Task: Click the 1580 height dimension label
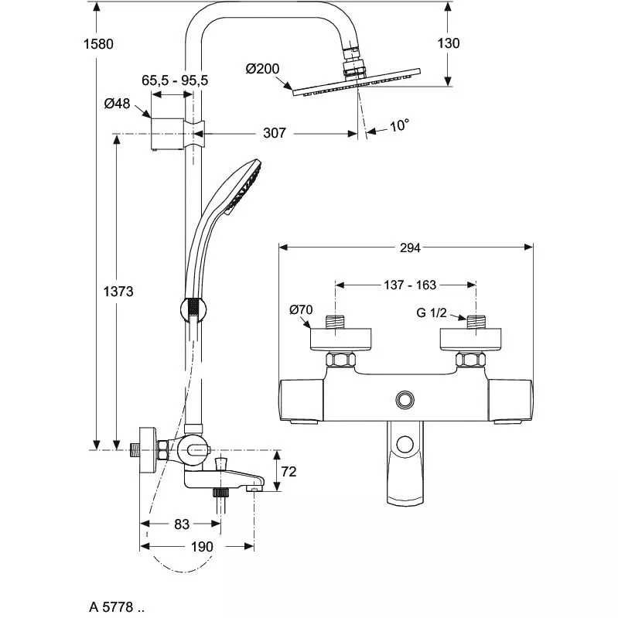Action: tap(100, 44)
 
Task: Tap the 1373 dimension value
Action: tap(119, 292)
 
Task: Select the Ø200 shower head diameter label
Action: tap(263, 69)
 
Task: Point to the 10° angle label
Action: tap(398, 125)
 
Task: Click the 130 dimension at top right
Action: tap(448, 43)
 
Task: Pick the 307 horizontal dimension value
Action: tap(275, 133)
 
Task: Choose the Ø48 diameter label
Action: tap(118, 103)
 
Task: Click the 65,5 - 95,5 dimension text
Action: tap(175, 80)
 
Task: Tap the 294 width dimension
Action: tap(410, 248)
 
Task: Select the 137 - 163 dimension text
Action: tap(405, 285)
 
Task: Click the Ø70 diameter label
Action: tap(301, 310)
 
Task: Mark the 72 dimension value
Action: tap(289, 471)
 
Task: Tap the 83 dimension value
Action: tap(181, 524)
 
